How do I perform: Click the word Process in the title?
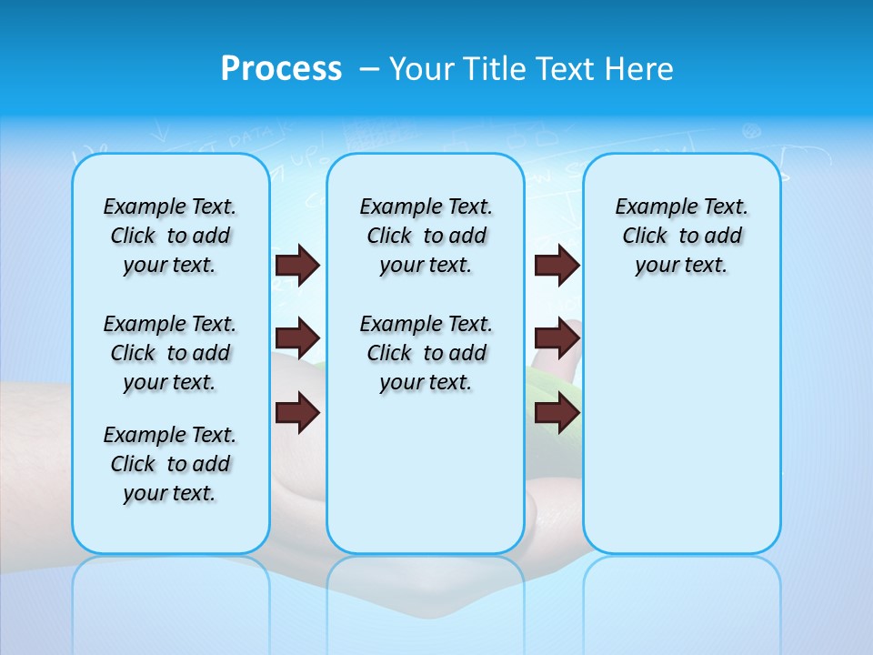click(281, 69)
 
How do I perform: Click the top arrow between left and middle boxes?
click(297, 265)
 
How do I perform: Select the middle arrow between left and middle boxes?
click(297, 338)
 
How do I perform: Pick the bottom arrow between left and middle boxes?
click(297, 413)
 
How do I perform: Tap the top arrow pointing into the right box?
click(557, 265)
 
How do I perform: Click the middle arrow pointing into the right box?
click(557, 338)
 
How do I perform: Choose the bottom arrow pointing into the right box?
click(557, 413)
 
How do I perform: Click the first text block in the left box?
click(170, 236)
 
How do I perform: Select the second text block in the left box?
click(170, 353)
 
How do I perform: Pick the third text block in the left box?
click(170, 464)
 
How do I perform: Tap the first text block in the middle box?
click(426, 236)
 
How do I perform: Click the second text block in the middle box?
click(426, 353)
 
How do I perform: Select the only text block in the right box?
click(681, 236)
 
